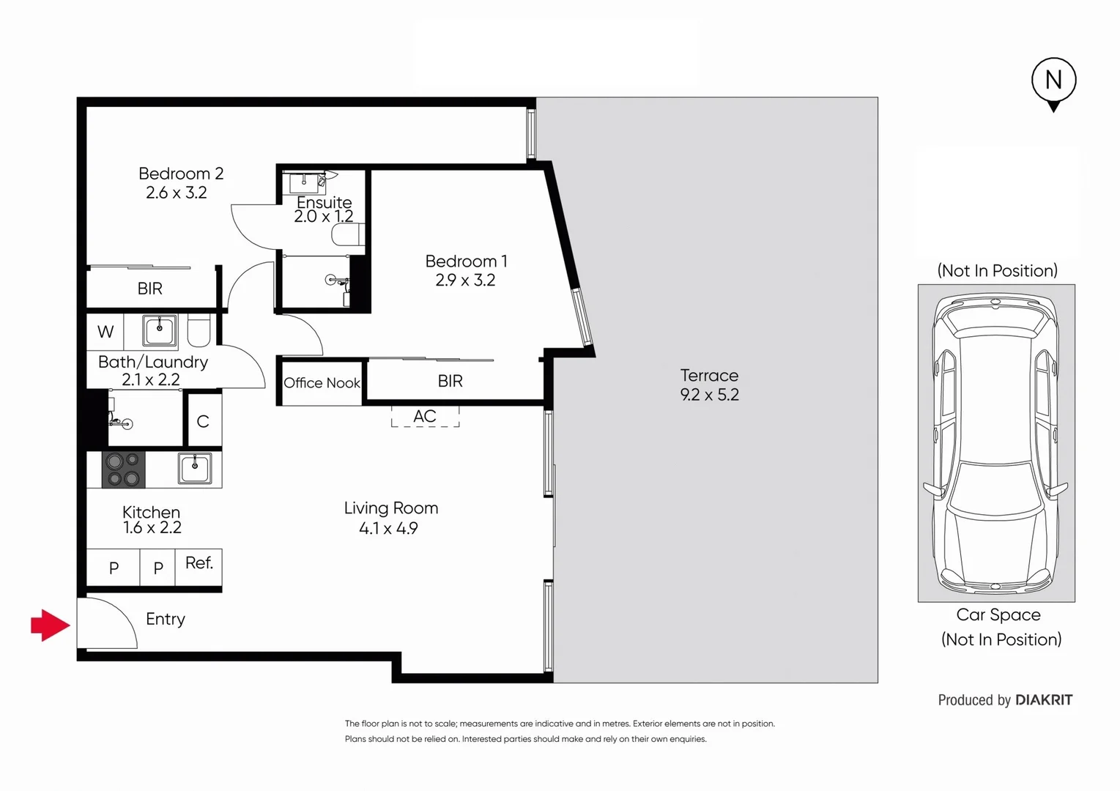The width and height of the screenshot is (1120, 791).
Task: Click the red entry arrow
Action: [50, 625]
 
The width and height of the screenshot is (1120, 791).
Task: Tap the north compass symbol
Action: [1053, 81]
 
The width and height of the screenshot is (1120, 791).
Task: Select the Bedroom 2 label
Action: [181, 174]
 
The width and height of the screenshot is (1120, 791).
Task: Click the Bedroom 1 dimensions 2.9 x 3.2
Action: [465, 281]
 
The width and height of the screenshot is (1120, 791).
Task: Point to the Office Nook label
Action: [322, 383]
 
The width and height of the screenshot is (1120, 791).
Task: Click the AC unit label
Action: [425, 417]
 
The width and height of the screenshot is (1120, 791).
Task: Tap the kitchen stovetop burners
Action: [123, 470]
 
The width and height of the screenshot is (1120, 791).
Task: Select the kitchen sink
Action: [195, 469]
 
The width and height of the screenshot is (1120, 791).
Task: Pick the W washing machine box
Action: [105, 333]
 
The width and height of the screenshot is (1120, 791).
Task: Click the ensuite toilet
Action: [347, 234]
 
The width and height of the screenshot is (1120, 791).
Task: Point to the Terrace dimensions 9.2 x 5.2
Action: [709, 395]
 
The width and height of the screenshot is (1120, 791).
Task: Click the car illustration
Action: [996, 443]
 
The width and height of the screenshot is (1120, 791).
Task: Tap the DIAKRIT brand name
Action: [1044, 700]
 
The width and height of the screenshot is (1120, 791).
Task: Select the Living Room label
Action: [391, 508]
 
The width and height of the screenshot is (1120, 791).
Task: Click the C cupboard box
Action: [203, 421]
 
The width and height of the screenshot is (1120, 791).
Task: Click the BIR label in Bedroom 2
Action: [150, 289]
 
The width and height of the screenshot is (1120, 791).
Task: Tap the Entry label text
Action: [166, 620]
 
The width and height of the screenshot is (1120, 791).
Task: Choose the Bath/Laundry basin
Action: [159, 331]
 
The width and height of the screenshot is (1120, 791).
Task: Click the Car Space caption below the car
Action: [998, 615]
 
